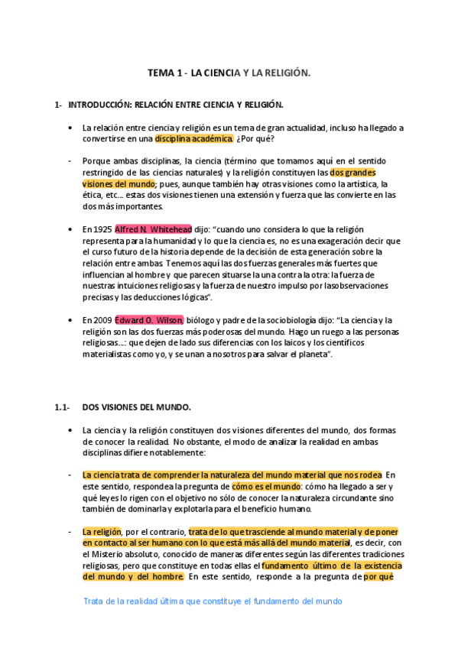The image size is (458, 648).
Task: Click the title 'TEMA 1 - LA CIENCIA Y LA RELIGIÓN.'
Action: (229, 73)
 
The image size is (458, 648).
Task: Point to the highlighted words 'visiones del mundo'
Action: (119, 184)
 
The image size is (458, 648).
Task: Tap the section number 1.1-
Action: (63, 407)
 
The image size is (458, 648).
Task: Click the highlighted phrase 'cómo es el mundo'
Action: (265, 486)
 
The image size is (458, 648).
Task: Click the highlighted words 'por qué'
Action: (378, 577)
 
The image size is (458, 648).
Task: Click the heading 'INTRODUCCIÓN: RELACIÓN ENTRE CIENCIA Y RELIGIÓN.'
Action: (176, 104)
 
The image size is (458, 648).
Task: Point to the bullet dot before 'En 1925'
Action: (70, 228)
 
